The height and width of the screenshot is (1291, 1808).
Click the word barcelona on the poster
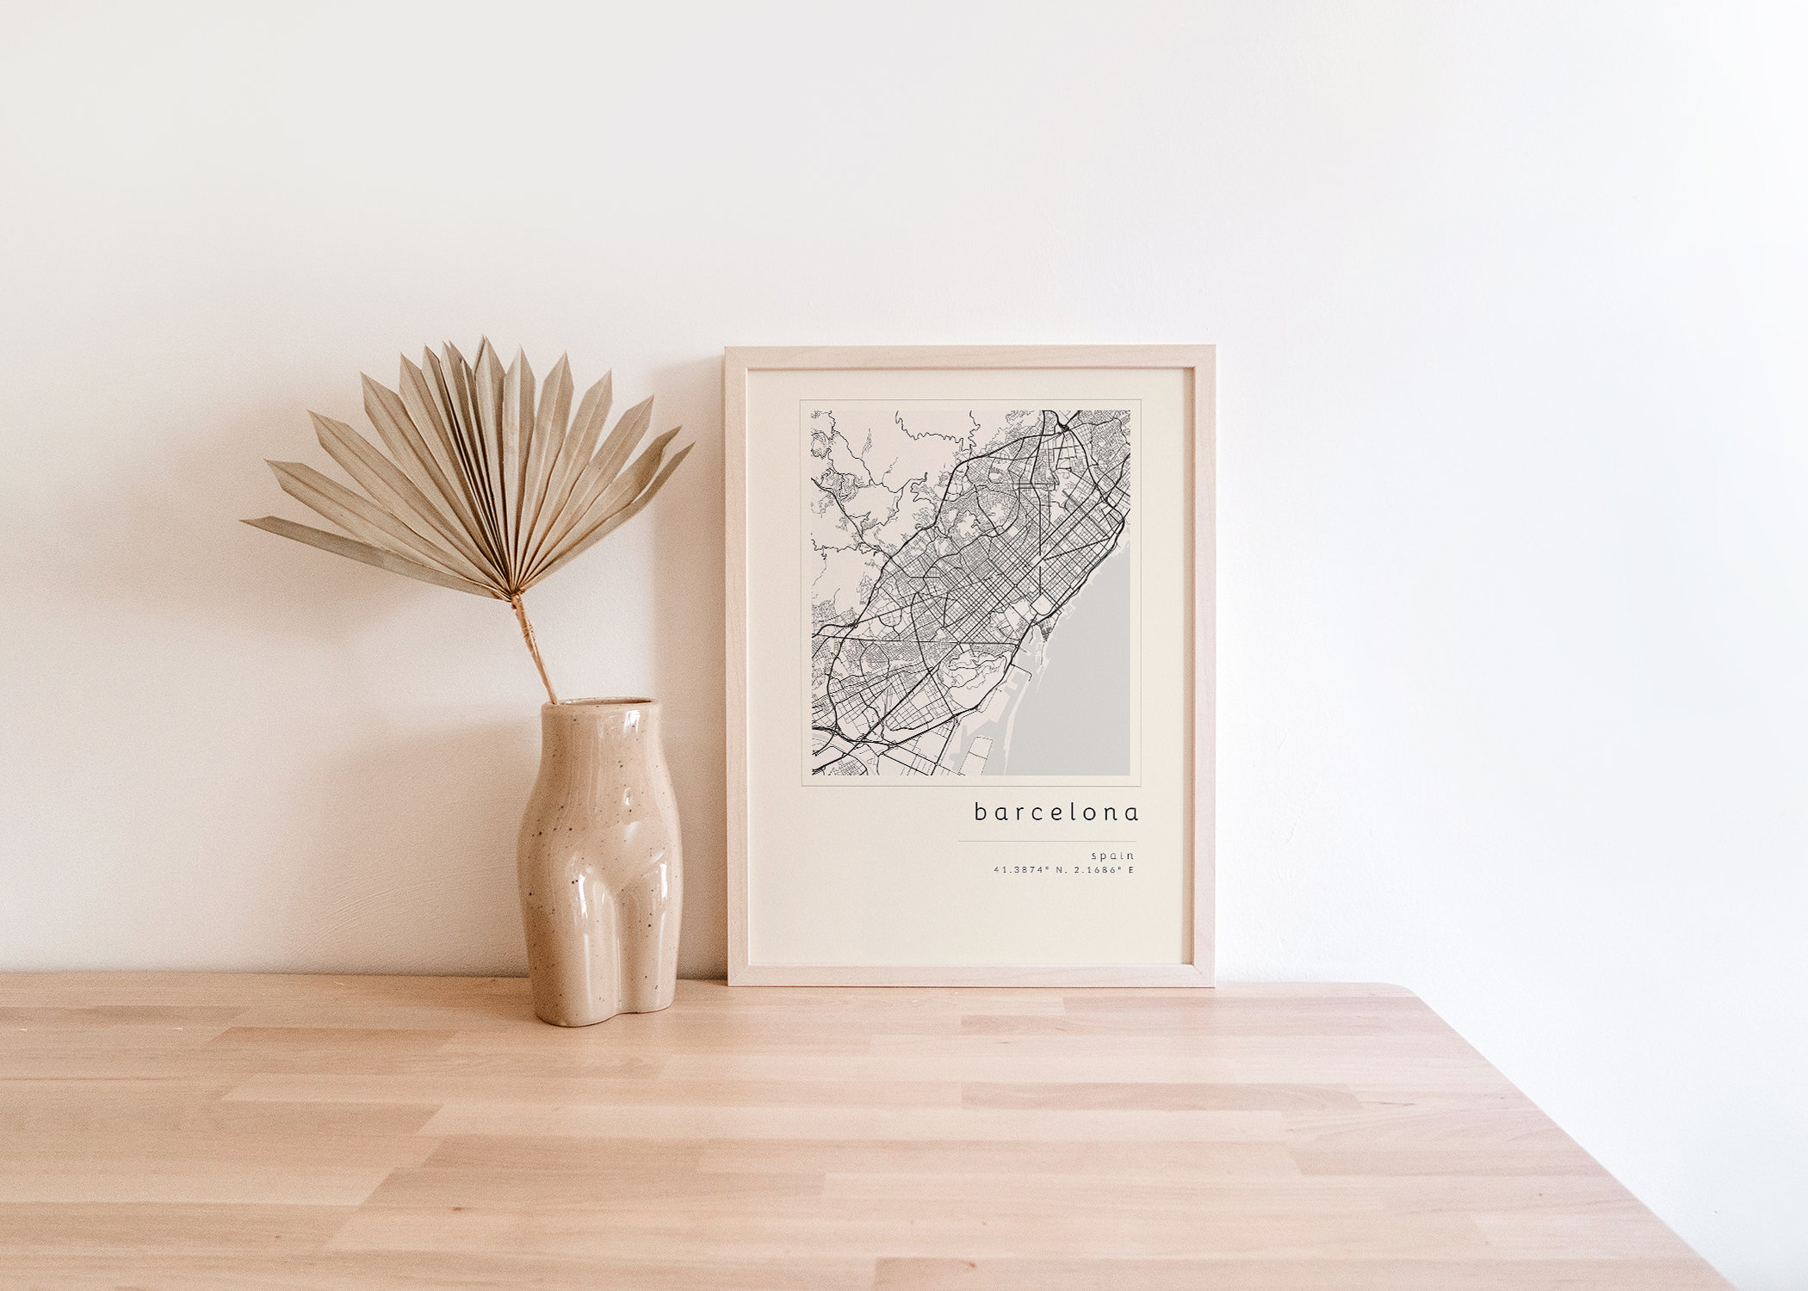pyautogui.click(x=1056, y=812)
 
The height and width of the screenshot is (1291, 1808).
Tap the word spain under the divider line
pyautogui.click(x=1112, y=856)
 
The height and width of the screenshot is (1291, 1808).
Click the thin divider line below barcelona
pyautogui.click(x=1046, y=841)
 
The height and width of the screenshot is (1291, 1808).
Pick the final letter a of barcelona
pyautogui.click(x=1132, y=812)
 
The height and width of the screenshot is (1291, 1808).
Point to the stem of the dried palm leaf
pyautogui.click(x=535, y=645)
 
